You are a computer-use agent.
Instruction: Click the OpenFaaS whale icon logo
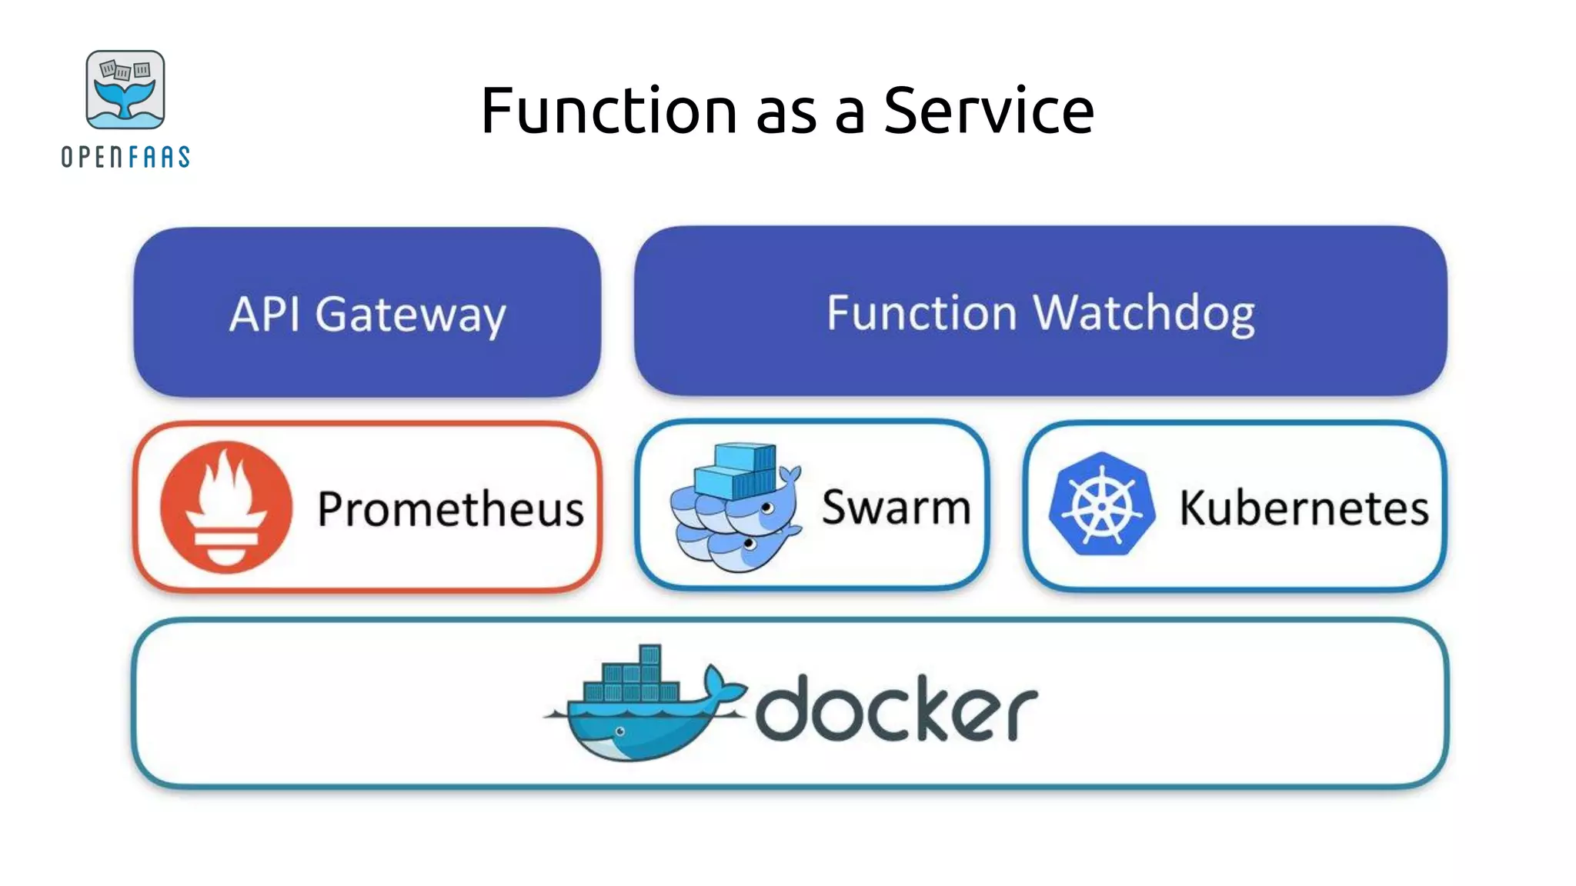pyautogui.click(x=125, y=90)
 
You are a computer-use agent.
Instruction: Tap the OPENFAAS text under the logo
pyautogui.click(x=125, y=157)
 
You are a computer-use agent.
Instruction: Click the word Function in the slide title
pyautogui.click(x=609, y=111)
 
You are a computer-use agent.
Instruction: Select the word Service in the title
pyautogui.click(x=988, y=111)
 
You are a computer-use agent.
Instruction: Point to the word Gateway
pyautogui.click(x=410, y=315)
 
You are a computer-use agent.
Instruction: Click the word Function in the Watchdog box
pyautogui.click(x=921, y=313)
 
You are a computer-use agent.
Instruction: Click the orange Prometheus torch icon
pyautogui.click(x=225, y=507)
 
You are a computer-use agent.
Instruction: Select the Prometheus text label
pyautogui.click(x=450, y=508)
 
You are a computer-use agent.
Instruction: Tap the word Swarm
pyautogui.click(x=896, y=507)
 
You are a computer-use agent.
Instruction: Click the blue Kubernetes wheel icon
pyautogui.click(x=1101, y=505)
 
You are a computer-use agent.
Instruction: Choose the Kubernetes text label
pyautogui.click(x=1304, y=508)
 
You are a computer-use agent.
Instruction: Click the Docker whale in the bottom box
pyautogui.click(x=639, y=727)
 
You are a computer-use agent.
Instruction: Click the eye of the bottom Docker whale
pyautogui.click(x=620, y=731)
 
